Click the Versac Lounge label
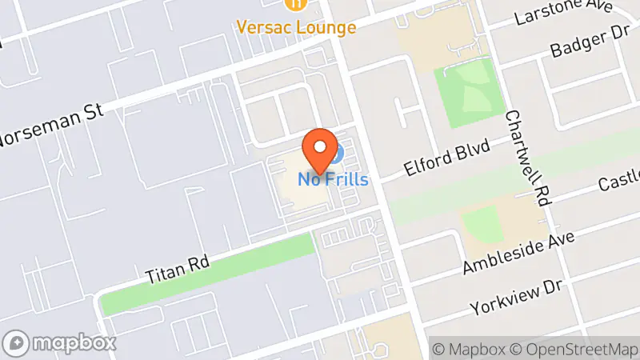click(x=296, y=27)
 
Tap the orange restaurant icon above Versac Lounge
click(x=297, y=4)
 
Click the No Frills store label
click(x=334, y=179)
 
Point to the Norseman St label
click(x=50, y=127)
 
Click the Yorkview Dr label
click(x=516, y=298)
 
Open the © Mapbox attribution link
click(x=468, y=349)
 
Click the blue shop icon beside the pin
click(x=339, y=152)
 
